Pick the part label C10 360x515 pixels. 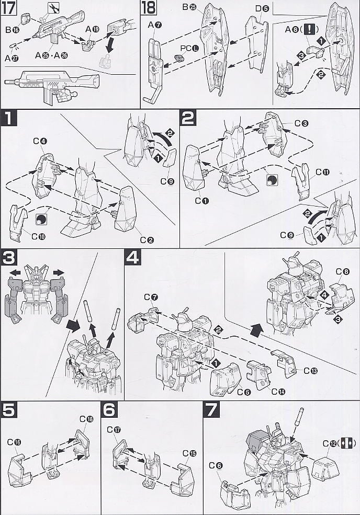click(x=38, y=236)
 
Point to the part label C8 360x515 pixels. click(x=342, y=271)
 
